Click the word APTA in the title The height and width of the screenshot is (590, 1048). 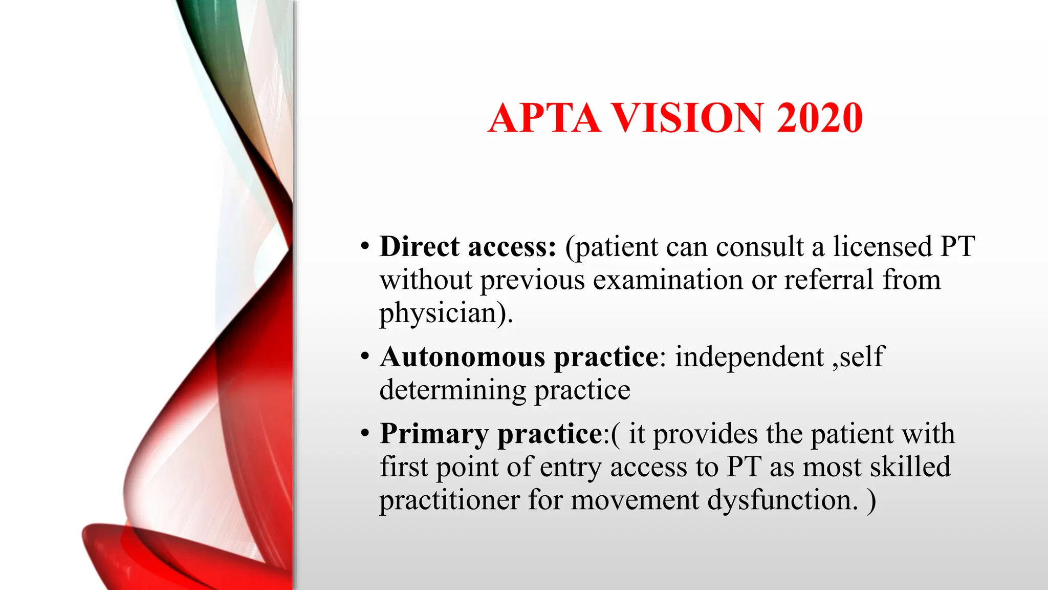[x=544, y=118]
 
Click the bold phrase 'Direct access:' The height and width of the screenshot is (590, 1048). [x=468, y=247]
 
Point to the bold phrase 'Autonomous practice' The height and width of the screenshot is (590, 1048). [x=519, y=357]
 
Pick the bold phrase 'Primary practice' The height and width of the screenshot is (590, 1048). [x=491, y=434]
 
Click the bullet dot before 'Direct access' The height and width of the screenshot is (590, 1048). [x=364, y=246]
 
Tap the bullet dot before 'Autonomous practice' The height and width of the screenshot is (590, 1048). [x=364, y=356]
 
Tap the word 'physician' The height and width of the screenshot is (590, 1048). [x=438, y=313]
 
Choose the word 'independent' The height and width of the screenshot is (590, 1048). [x=749, y=357]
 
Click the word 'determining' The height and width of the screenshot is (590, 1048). [x=452, y=390]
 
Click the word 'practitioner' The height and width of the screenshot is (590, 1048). [x=449, y=500]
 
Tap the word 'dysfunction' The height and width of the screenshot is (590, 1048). [x=778, y=500]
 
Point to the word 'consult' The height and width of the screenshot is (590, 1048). [x=759, y=247]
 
